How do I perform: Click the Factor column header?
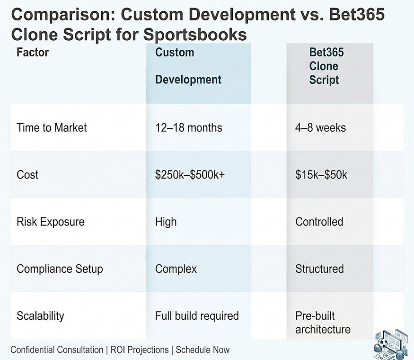click(33, 52)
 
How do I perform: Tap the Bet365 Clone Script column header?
click(324, 66)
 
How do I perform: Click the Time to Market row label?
click(52, 127)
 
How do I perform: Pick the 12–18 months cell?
click(188, 127)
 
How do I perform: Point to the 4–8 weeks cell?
click(320, 127)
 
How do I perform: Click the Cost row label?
click(27, 174)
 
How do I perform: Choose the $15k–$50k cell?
click(321, 174)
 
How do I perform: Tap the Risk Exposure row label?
click(51, 222)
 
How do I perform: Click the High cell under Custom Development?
click(166, 222)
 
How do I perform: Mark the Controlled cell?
click(319, 222)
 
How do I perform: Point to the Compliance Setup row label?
click(60, 269)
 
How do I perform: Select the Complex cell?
click(176, 269)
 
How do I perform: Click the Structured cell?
click(319, 269)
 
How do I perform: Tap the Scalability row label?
click(40, 315)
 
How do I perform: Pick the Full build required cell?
click(197, 315)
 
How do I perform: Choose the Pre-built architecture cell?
click(323, 322)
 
